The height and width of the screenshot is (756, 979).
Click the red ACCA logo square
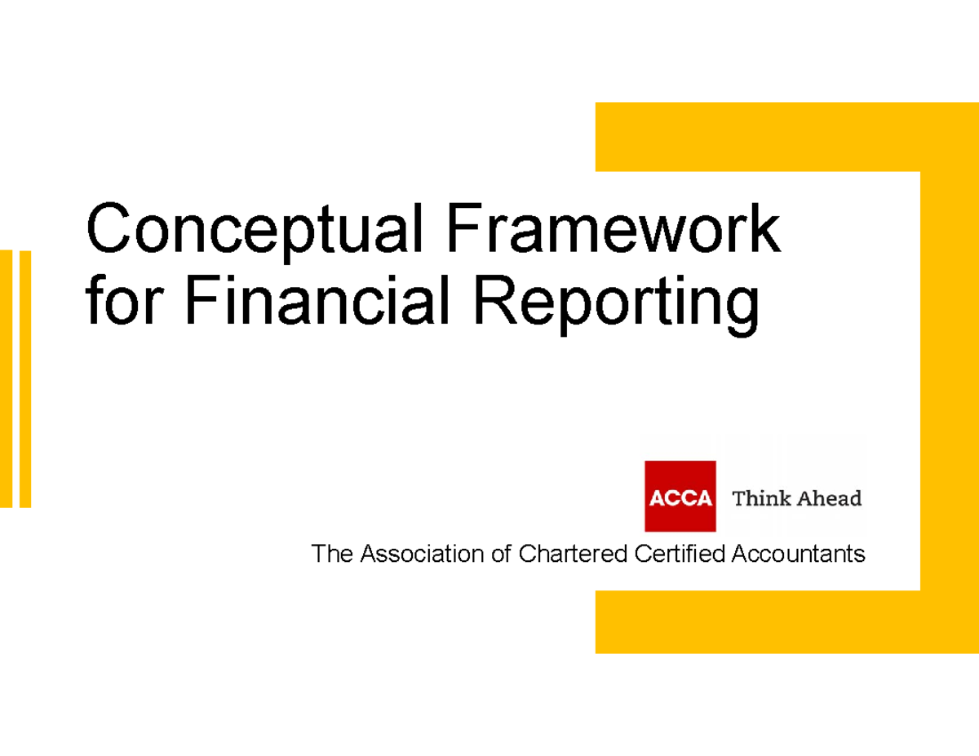pos(680,497)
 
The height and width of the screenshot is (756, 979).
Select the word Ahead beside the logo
pos(828,497)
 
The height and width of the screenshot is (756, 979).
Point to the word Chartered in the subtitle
pos(572,555)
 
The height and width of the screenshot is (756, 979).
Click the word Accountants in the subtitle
pos(798,555)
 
